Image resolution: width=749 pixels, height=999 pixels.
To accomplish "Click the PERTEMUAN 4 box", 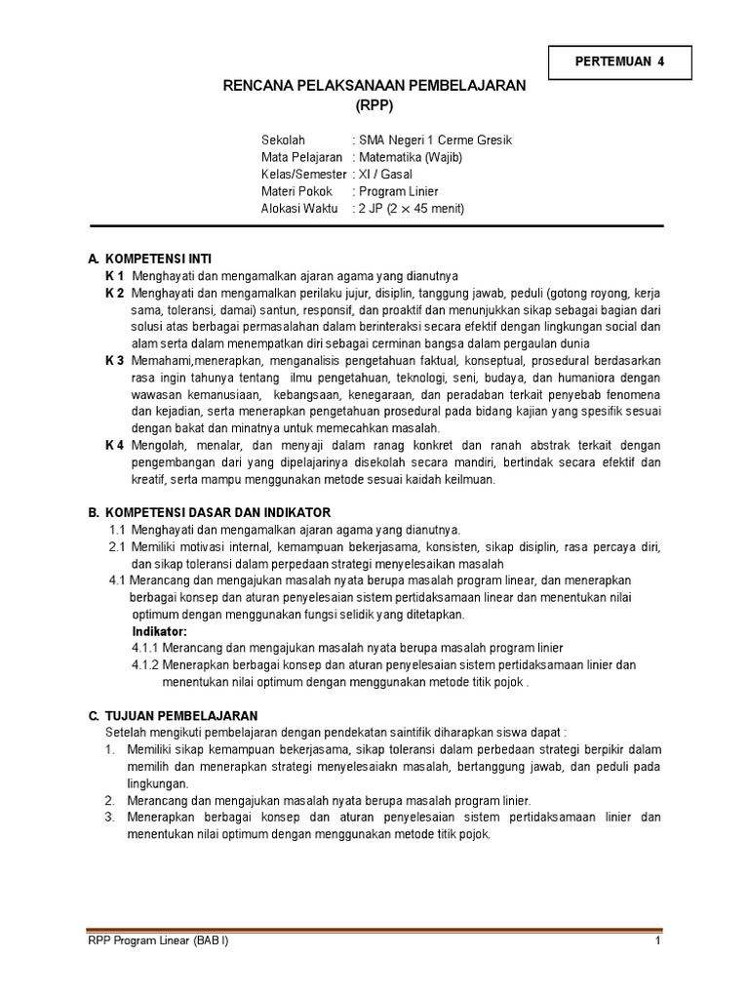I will (620, 61).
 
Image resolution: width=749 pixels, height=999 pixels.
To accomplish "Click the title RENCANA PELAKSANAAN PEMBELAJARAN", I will (374, 86).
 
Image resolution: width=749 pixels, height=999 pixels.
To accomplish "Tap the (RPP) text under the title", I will (374, 105).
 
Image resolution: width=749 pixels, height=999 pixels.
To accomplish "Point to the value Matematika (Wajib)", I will (410, 157).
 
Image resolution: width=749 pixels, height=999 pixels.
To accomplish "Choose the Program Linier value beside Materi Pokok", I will (398, 191).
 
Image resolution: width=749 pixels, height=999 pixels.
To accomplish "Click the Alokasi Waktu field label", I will (299, 208).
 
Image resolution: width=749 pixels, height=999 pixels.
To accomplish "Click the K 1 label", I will (115, 276).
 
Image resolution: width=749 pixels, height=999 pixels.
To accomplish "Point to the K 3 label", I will (115, 360).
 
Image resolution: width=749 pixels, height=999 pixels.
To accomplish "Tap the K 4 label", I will (115, 445).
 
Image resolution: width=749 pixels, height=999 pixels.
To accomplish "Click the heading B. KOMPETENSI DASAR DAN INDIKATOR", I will (210, 512).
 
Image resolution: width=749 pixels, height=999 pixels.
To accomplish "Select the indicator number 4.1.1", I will (145, 648).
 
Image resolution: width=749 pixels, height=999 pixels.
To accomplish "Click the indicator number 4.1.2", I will (145, 665).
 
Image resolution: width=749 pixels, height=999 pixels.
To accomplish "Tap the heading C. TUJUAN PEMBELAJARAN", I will (174, 715).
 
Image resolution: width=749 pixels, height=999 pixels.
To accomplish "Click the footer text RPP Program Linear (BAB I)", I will (158, 941).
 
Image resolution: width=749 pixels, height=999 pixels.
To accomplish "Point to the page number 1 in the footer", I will (658, 941).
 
